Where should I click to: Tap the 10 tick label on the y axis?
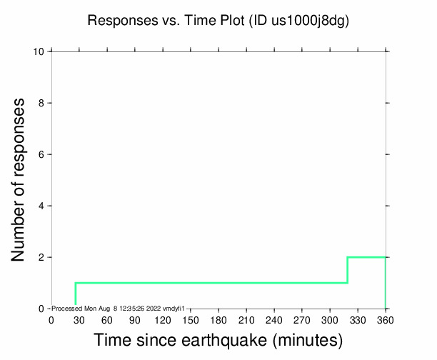(40, 52)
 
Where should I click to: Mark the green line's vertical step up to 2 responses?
(348, 270)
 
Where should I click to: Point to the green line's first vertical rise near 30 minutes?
(76, 294)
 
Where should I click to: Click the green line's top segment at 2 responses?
(366, 257)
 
